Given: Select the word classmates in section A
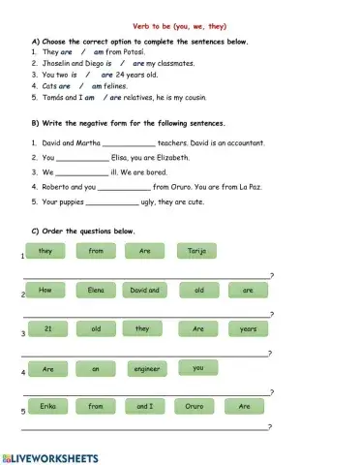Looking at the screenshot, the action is pos(173,63).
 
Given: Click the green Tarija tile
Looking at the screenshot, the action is pos(196,251).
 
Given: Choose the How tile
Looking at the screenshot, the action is pos(45,290).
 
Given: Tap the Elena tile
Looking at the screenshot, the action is pos(96,290).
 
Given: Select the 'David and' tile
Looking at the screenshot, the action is pos(145,290).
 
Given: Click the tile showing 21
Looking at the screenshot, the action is pos(45,328).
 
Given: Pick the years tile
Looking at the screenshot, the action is pos(248,328).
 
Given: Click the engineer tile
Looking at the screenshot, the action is pos(146,368).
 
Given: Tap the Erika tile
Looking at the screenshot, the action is pos(45,407).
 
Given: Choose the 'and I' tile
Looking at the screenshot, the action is pos(145,407).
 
